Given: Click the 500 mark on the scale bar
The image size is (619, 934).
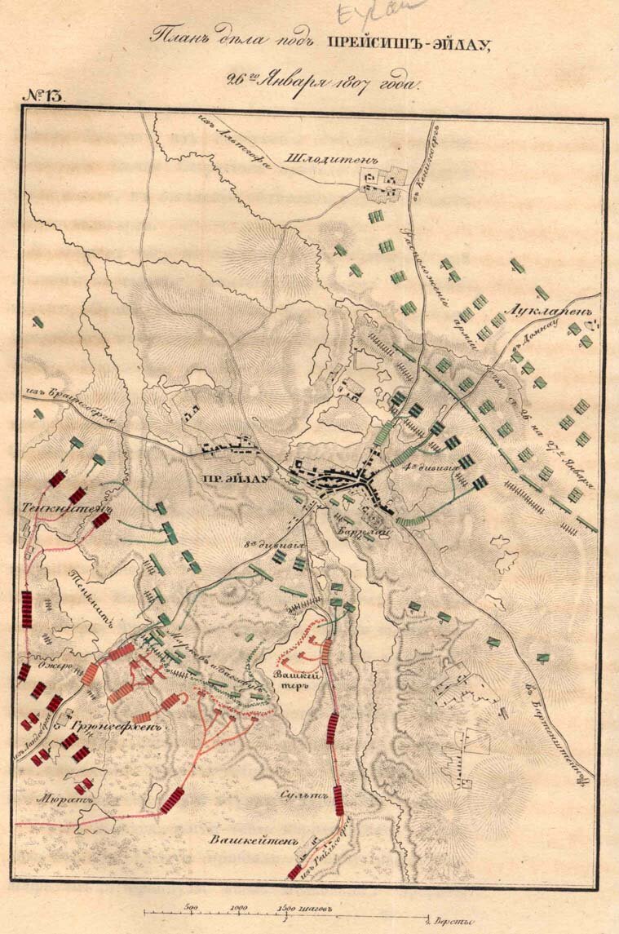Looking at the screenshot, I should click(192, 905).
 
